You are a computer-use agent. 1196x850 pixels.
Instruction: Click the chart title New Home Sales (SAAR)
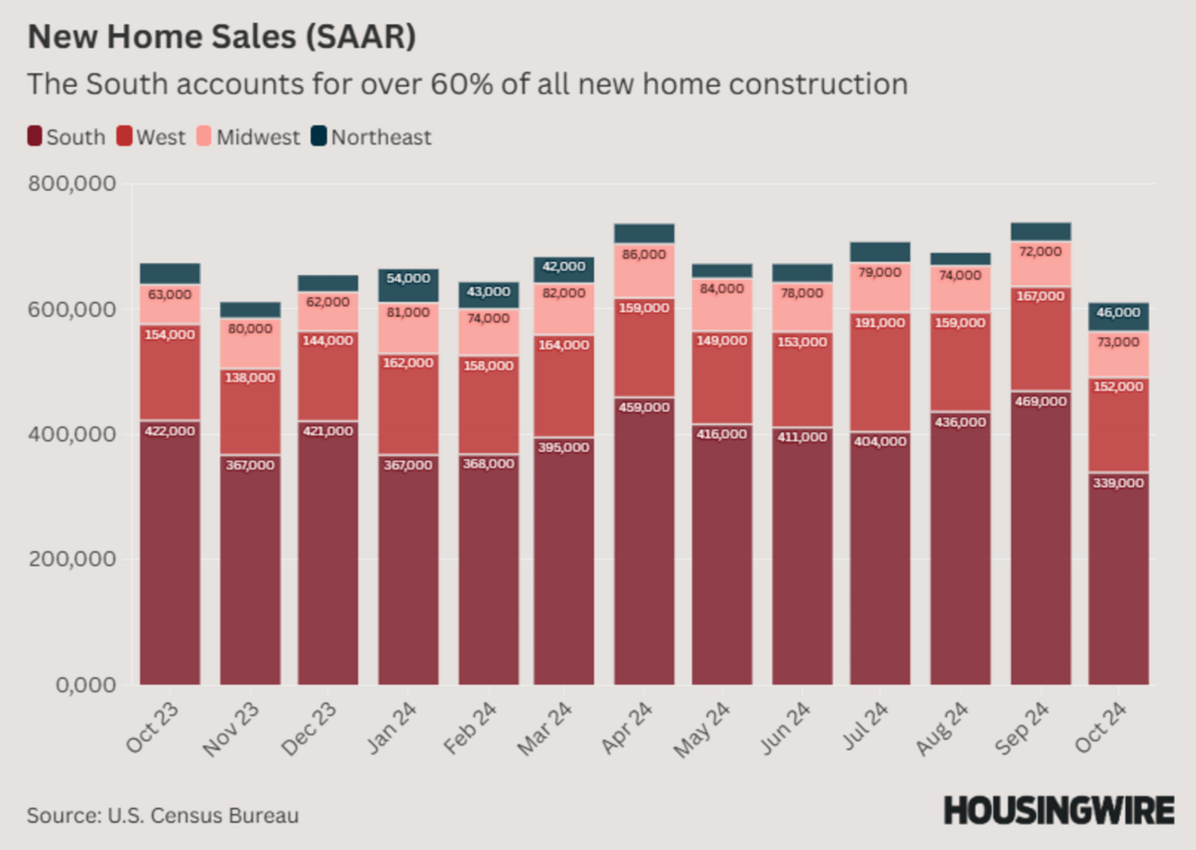pos(221,37)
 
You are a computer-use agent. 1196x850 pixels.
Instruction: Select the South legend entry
pos(66,138)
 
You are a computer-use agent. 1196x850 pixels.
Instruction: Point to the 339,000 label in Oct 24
pos(1119,482)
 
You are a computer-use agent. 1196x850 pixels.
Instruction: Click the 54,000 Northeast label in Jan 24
pos(408,278)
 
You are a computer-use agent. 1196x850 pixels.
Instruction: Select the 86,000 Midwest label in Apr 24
pos(644,254)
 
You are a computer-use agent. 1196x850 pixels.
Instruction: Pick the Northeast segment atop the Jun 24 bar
pos(803,272)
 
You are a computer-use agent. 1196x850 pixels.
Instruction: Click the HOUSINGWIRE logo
pos(1059,810)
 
